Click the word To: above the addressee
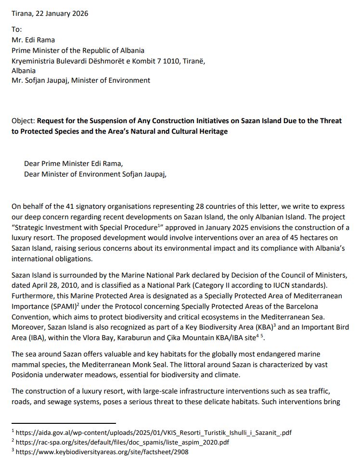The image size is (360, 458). (17, 30)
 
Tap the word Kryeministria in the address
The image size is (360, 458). (34, 61)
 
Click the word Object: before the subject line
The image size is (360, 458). (23, 121)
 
